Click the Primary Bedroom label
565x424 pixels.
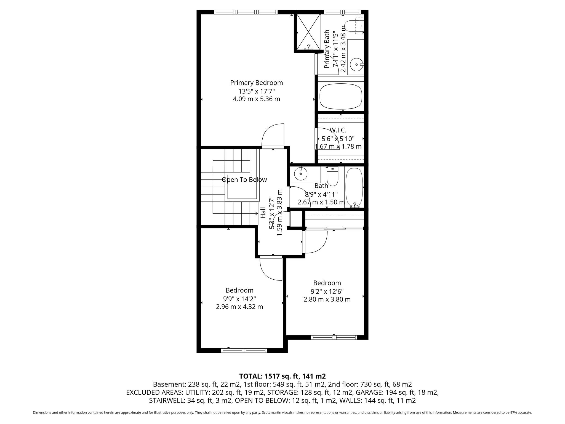(x=257, y=83)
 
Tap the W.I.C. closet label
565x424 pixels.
(x=338, y=130)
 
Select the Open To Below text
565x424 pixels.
(x=244, y=180)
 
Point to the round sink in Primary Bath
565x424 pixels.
(x=356, y=65)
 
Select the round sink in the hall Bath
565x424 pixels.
(x=300, y=174)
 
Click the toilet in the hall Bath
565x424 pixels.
(x=332, y=177)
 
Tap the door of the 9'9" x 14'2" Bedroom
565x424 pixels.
(x=271, y=269)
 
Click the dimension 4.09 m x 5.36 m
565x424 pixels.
(x=257, y=99)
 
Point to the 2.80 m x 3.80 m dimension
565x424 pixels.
(x=327, y=299)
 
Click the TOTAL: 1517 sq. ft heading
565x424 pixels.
(x=282, y=376)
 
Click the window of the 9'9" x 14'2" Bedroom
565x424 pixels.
(x=244, y=351)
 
